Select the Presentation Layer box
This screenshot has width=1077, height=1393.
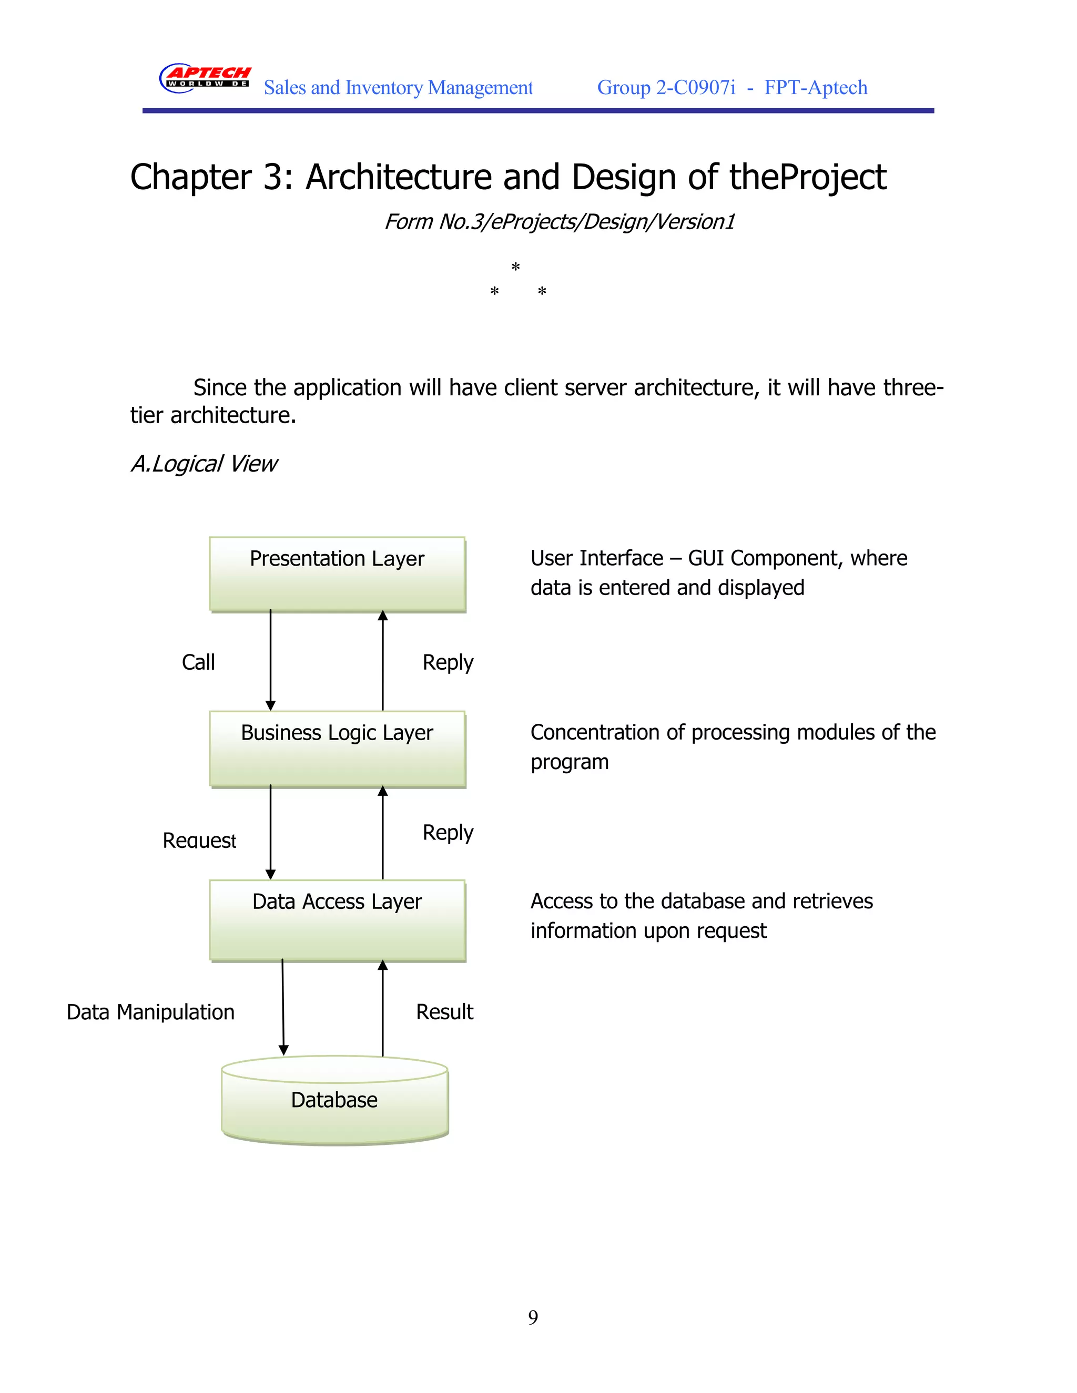(x=337, y=574)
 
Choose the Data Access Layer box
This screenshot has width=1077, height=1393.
(x=337, y=920)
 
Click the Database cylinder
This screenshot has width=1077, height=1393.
(x=334, y=1100)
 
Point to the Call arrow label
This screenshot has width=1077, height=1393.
(x=198, y=662)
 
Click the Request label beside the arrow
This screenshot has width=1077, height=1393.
(x=199, y=840)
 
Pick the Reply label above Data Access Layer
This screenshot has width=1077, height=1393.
(x=448, y=832)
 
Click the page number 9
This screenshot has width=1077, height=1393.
(x=533, y=1317)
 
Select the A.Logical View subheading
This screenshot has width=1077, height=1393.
(x=204, y=464)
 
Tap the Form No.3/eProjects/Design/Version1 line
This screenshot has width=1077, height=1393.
(x=559, y=221)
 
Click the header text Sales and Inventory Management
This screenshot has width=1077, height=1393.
(x=398, y=87)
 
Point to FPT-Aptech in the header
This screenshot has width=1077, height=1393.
(x=816, y=87)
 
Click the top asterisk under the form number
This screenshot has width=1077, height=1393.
(x=515, y=267)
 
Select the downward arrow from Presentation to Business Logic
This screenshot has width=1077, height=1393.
(x=270, y=660)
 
